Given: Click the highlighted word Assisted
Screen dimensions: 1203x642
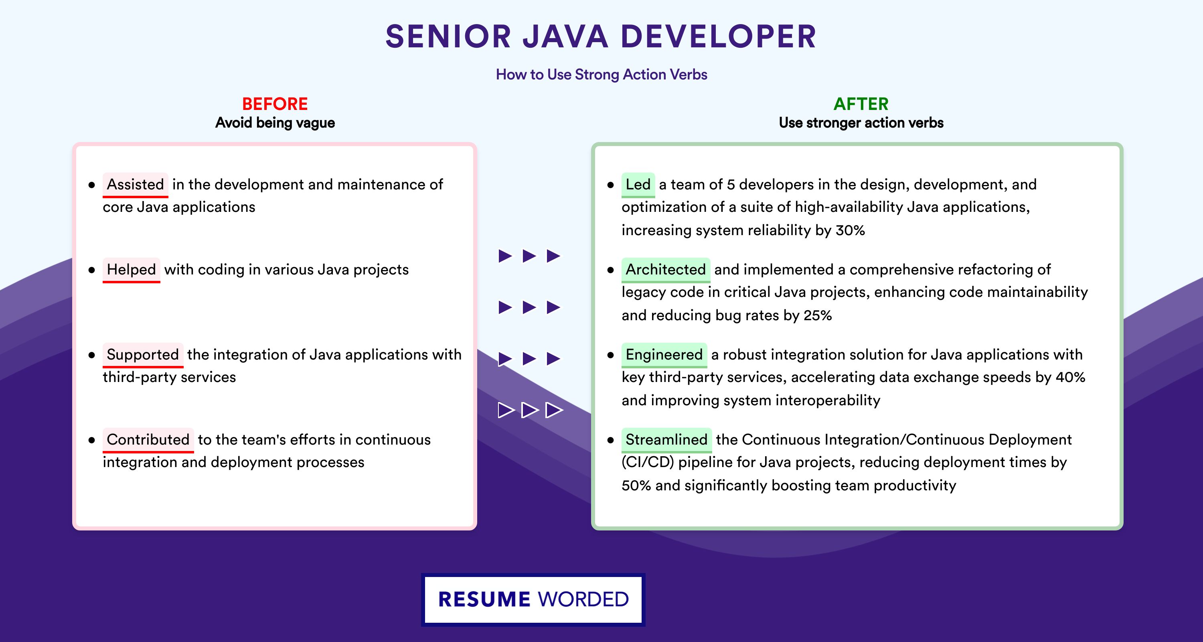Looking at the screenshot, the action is click(x=136, y=185).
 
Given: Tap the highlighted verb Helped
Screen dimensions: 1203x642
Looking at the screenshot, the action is click(x=131, y=270).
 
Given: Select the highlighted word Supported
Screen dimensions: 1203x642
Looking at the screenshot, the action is click(x=143, y=355).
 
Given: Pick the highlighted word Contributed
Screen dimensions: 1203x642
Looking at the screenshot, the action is click(x=148, y=440).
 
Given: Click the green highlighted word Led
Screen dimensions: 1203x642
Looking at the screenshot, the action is click(x=638, y=185).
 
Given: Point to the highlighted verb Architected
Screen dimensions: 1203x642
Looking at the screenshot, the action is click(x=666, y=270).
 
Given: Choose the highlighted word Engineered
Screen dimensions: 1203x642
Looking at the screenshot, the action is click(x=664, y=355).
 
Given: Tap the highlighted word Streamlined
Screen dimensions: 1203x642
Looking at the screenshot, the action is click(x=666, y=440).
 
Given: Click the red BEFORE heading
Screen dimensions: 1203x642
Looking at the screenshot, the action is click(x=275, y=104).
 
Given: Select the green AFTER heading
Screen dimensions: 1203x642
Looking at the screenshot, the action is click(x=861, y=104).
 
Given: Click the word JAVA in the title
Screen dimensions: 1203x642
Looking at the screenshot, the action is click(x=565, y=37).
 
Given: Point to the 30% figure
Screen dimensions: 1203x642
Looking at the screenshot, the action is click(x=850, y=230).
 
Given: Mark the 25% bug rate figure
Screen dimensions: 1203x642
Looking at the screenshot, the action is click(x=817, y=315).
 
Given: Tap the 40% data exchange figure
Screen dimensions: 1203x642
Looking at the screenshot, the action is click(x=1070, y=377).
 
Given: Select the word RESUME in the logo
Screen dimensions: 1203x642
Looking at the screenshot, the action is click(x=484, y=599).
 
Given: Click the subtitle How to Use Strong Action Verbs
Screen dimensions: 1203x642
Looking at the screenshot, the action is click(x=601, y=75).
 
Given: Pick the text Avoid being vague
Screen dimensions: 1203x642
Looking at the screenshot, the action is click(x=275, y=123).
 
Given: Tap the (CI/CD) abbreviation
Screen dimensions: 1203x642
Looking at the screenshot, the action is click(x=648, y=463).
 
